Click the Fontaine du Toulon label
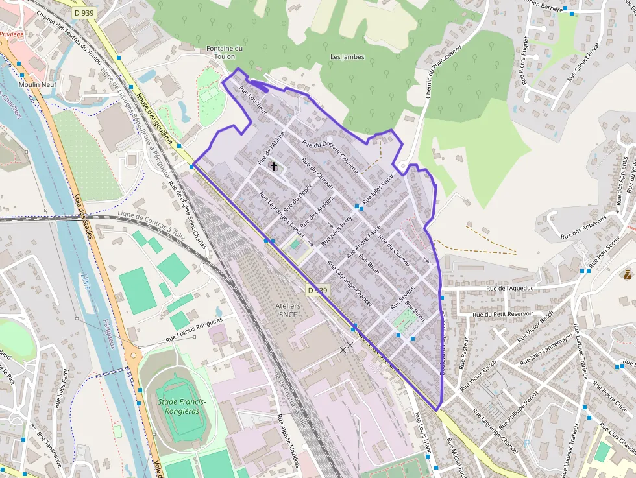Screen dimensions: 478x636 pyautogui.click(x=224, y=52)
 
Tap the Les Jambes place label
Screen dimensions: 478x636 pyautogui.click(x=347, y=57)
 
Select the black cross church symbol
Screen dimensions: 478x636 pyautogui.click(x=274, y=167)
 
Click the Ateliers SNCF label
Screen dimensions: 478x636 pyautogui.click(x=288, y=310)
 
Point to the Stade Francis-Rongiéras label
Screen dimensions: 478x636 pyautogui.click(x=182, y=407)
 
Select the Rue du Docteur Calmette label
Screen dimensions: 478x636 pyautogui.click(x=330, y=156)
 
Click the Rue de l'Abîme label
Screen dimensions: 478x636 pyautogui.click(x=267, y=150)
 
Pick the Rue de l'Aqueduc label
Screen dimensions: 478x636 pyautogui.click(x=509, y=289)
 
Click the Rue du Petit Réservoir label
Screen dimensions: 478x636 pyautogui.click(x=504, y=314)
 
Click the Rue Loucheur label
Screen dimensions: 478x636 pyautogui.click(x=253, y=100)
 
